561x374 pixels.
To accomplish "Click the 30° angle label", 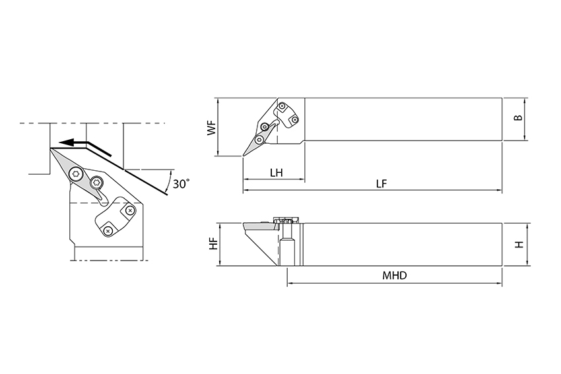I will pos(181,184).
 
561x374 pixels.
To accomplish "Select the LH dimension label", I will pos(276,173).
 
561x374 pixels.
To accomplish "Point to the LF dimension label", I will pos(381,184).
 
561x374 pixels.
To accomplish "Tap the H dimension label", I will pos(519,244).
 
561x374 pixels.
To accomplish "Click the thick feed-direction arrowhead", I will pos(63,141).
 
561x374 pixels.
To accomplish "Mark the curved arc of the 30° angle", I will pos(170,180).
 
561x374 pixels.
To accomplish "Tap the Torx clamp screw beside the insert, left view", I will pos(96,183).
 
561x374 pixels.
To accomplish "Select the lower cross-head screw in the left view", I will pos(108,231).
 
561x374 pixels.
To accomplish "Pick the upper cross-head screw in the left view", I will pos(130,210).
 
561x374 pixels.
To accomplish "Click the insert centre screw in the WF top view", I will pos(259,139).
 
